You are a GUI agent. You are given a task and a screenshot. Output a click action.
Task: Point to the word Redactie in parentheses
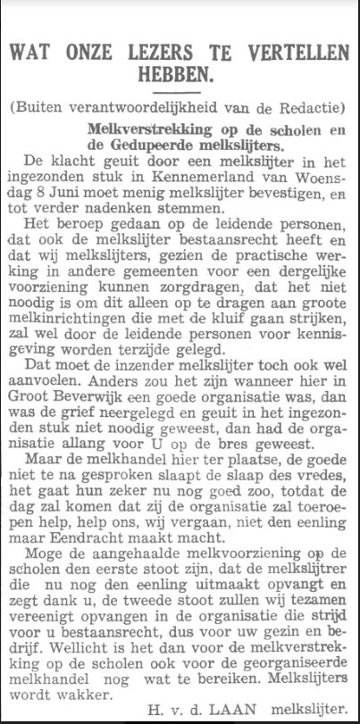306,108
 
